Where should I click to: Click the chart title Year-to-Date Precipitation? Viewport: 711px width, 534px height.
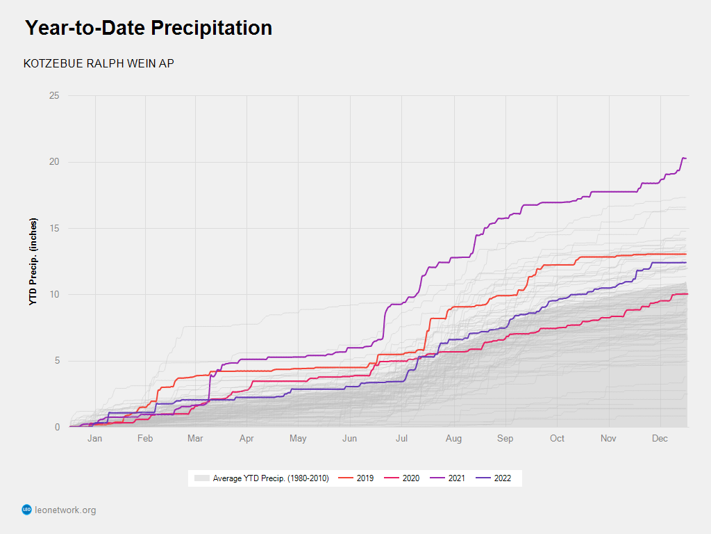pos(149,28)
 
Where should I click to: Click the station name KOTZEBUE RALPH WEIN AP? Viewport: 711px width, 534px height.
pos(99,63)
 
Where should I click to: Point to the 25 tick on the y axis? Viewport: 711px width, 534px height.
pos(53,96)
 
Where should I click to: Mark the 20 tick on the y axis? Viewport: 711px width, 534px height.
pos(53,162)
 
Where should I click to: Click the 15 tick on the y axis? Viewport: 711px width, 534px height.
pos(53,228)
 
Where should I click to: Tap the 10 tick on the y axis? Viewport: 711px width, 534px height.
pos(53,295)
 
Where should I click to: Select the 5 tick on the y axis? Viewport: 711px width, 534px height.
pos(56,361)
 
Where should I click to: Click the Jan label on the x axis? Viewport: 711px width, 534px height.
pos(94,439)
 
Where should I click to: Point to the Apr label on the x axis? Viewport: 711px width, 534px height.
pos(246,439)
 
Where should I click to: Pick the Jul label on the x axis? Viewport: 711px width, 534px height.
pos(402,439)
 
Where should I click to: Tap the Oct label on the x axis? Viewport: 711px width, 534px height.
pos(557,439)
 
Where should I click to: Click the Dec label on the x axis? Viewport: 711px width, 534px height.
pos(660,439)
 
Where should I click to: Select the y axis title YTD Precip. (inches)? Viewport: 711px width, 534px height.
pos(33,261)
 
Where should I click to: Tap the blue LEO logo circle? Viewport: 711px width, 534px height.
pos(27,510)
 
